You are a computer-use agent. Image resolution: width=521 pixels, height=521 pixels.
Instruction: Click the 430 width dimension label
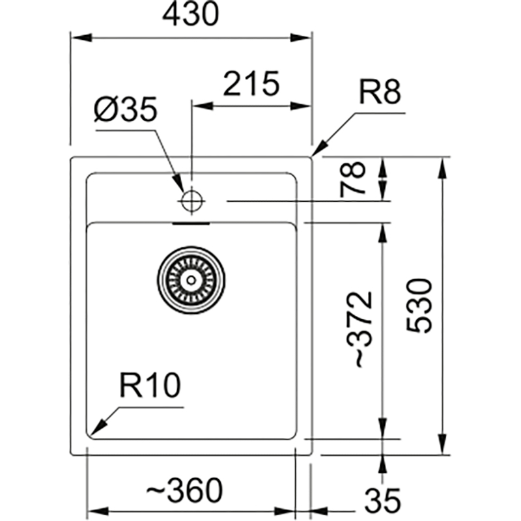(190, 14)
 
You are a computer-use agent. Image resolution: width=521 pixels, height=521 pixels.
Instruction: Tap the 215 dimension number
(251, 83)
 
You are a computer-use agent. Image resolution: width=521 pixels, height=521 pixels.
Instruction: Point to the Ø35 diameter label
(125, 109)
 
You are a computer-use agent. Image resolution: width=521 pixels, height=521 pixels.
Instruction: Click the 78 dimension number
(352, 180)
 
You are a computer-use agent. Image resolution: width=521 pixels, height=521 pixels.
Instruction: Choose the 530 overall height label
(419, 305)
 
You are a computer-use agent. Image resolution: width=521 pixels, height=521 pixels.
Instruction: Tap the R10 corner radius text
(150, 385)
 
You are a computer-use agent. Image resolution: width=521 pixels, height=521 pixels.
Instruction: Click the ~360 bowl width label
(184, 490)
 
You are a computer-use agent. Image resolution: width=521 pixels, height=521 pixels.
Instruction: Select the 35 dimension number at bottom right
(382, 500)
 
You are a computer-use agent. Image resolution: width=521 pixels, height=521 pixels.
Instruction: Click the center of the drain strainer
(191, 280)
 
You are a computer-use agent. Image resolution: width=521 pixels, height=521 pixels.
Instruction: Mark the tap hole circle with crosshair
(191, 201)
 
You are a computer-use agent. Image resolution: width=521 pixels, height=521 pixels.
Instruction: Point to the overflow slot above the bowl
(191, 223)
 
